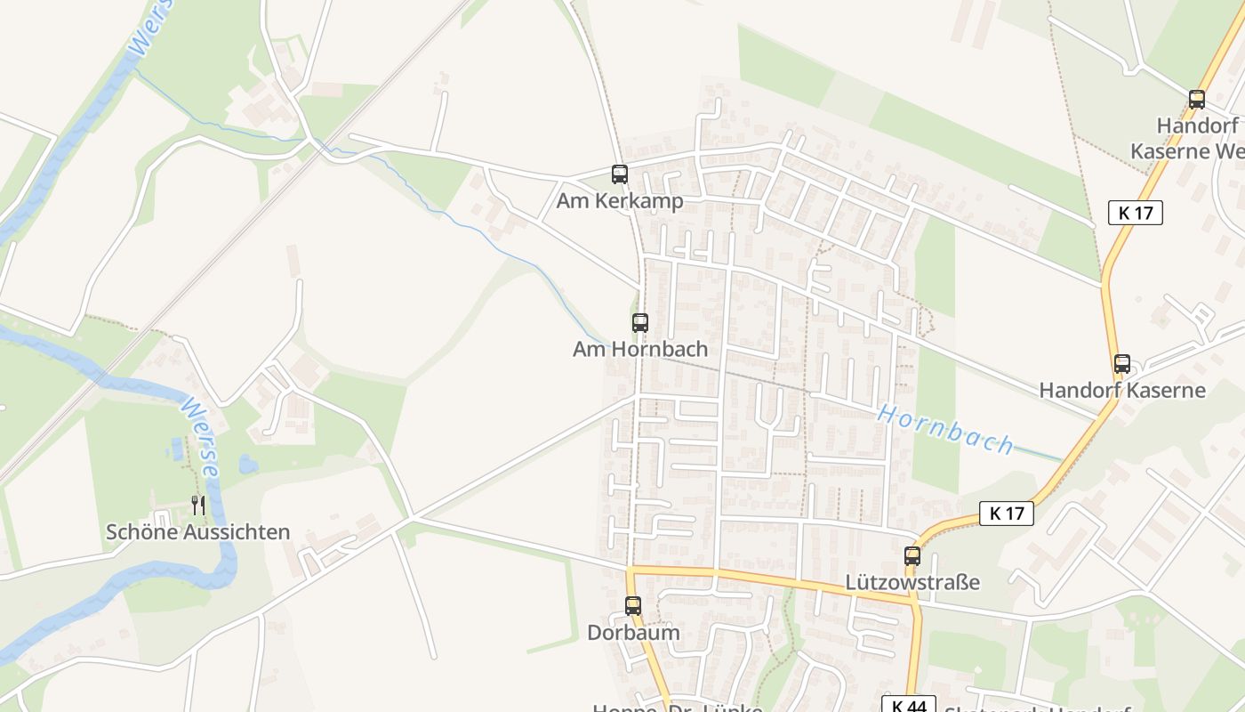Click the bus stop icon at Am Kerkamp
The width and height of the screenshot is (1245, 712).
pos(620,174)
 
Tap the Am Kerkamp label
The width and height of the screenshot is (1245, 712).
pos(620,201)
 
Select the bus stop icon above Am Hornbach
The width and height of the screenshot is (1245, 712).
pos(640,323)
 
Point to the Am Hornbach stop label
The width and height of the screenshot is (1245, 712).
pos(640,349)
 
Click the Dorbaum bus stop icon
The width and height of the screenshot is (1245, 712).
pos(633,606)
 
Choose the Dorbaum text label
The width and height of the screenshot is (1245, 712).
pos(633,633)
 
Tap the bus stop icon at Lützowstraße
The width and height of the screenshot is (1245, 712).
pos(912,556)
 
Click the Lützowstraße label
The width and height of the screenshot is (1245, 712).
pos(912,583)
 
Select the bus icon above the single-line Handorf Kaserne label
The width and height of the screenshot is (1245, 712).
pos(1122,364)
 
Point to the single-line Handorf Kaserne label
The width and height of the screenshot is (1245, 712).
pos(1122,390)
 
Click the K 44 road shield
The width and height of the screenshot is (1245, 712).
pos(909,706)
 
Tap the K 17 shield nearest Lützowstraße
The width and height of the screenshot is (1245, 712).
pos(1007,514)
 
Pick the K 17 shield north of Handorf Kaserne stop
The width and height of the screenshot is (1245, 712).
pos(1136,213)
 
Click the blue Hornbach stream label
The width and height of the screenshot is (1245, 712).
pos(945,429)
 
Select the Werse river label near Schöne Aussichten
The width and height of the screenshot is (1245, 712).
pos(198,436)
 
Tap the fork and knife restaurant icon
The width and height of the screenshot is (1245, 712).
pos(198,506)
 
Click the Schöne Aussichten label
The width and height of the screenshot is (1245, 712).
pos(198,532)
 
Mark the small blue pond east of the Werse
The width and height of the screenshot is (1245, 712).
pos(248,464)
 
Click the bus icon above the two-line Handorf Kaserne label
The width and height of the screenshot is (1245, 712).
pos(1197,100)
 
